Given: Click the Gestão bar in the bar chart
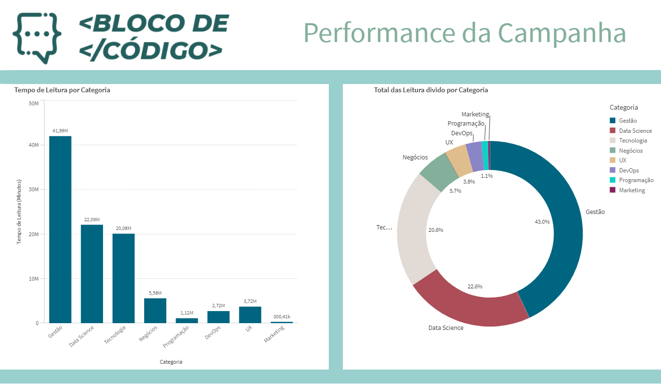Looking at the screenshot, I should pyautogui.click(x=60, y=229).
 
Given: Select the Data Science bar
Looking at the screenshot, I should pyautogui.click(x=92, y=273).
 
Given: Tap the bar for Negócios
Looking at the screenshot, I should pyautogui.click(x=155, y=311).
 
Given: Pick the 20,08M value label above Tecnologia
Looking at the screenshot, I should pyautogui.click(x=123, y=228).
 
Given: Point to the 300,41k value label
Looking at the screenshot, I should pyautogui.click(x=281, y=317).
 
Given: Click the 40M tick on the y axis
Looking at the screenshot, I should pyautogui.click(x=33, y=145).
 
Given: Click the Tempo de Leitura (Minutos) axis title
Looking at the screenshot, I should pyautogui.click(x=20, y=212).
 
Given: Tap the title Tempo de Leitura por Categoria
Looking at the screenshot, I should pyautogui.click(x=62, y=90).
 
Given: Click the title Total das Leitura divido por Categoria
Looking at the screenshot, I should pyautogui.click(x=431, y=90).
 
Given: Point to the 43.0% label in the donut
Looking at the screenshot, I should pyautogui.click(x=542, y=222).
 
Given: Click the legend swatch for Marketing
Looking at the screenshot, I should pyautogui.click(x=613, y=190).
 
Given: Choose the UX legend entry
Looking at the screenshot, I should pyautogui.click(x=622, y=160).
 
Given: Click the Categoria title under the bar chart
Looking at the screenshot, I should pyautogui.click(x=171, y=362).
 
